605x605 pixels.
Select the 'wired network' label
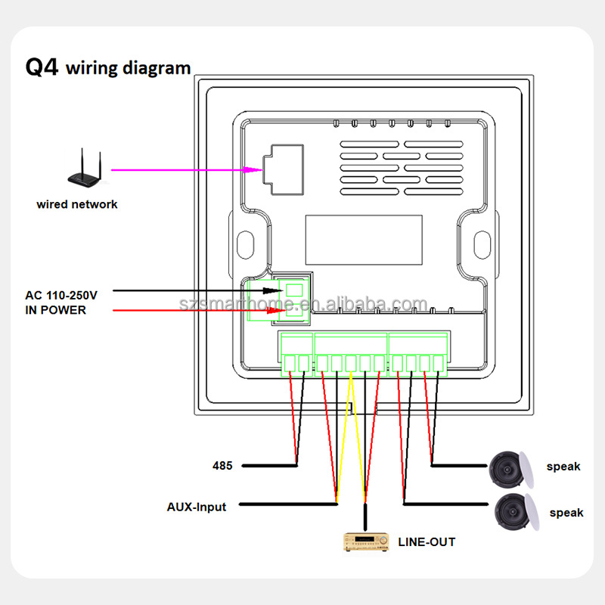(77, 204)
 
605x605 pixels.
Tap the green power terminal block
(294, 298)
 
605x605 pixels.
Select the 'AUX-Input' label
(197, 507)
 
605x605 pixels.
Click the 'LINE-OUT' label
(427, 541)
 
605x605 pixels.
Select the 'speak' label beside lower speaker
(566, 513)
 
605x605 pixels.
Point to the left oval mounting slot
(246, 243)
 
